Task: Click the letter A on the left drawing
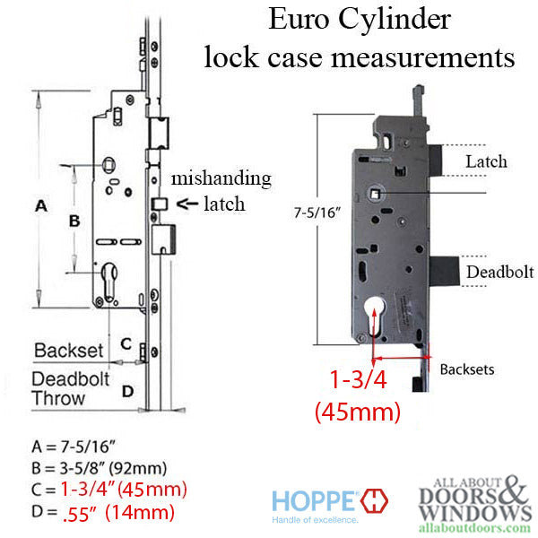pyautogui.click(x=40, y=206)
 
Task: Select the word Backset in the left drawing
pyautogui.click(x=69, y=350)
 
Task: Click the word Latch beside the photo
pyautogui.click(x=486, y=162)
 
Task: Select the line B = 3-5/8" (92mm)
pyautogui.click(x=100, y=468)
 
